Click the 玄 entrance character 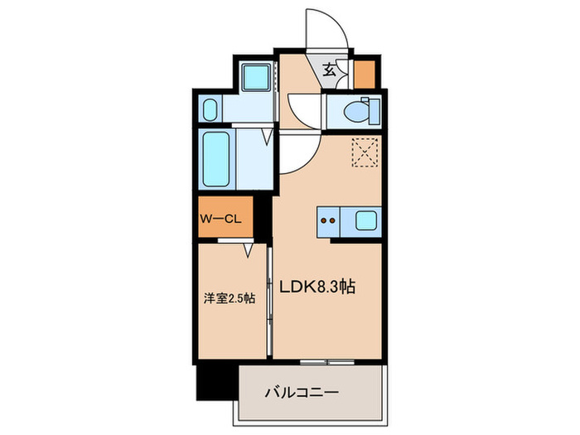pyautogui.click(x=329, y=71)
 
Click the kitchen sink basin pyautogui.click(x=365, y=220)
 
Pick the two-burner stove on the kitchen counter pyautogui.click(x=328, y=220)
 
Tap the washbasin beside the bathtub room pyautogui.click(x=210, y=109)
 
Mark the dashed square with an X pyautogui.click(x=364, y=152)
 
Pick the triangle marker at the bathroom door pyautogui.click(x=267, y=137)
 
